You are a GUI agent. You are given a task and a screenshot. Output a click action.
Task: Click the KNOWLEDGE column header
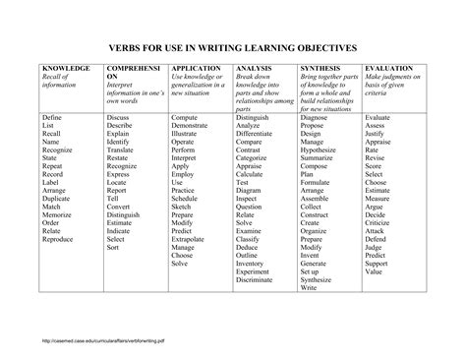pos(64,69)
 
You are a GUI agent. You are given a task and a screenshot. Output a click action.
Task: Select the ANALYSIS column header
pos(254,69)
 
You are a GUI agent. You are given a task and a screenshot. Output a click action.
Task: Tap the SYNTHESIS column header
pos(320,69)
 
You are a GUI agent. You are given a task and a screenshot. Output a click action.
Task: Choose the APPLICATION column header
pos(196,69)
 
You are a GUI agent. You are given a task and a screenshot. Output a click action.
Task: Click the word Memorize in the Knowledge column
pos(57,214)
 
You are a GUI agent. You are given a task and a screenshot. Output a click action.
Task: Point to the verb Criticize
pos(381,223)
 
